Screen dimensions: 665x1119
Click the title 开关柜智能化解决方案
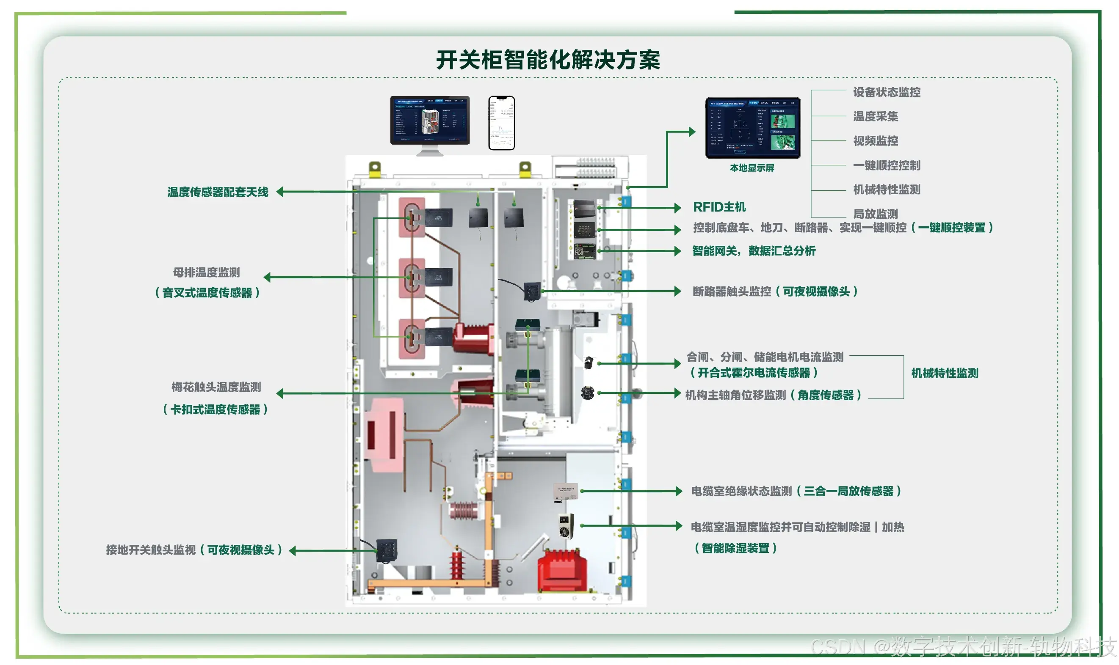pos(547,60)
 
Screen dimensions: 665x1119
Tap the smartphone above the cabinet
pos(501,122)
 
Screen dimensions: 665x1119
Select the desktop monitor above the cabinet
pos(429,121)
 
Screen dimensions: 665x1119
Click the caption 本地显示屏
pos(752,168)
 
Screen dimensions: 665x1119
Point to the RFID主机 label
pos(719,207)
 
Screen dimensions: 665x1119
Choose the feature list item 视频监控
pos(875,141)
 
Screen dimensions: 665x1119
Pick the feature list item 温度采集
pos(875,116)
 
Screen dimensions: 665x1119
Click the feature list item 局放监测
pos(875,214)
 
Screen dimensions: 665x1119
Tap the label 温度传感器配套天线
pos(218,192)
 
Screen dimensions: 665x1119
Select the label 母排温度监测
pos(206,272)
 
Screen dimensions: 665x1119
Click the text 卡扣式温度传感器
pos(215,409)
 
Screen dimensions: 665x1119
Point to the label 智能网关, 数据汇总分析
pos(754,251)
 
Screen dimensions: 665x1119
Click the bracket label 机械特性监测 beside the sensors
pos(944,373)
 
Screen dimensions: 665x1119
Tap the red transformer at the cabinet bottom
pos(561,570)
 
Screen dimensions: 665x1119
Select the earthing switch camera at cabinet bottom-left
pos(386,550)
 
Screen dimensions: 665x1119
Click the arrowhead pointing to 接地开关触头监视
pos(293,550)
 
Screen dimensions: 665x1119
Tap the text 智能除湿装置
pos(735,548)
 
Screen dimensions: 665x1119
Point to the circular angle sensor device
pos(588,393)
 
